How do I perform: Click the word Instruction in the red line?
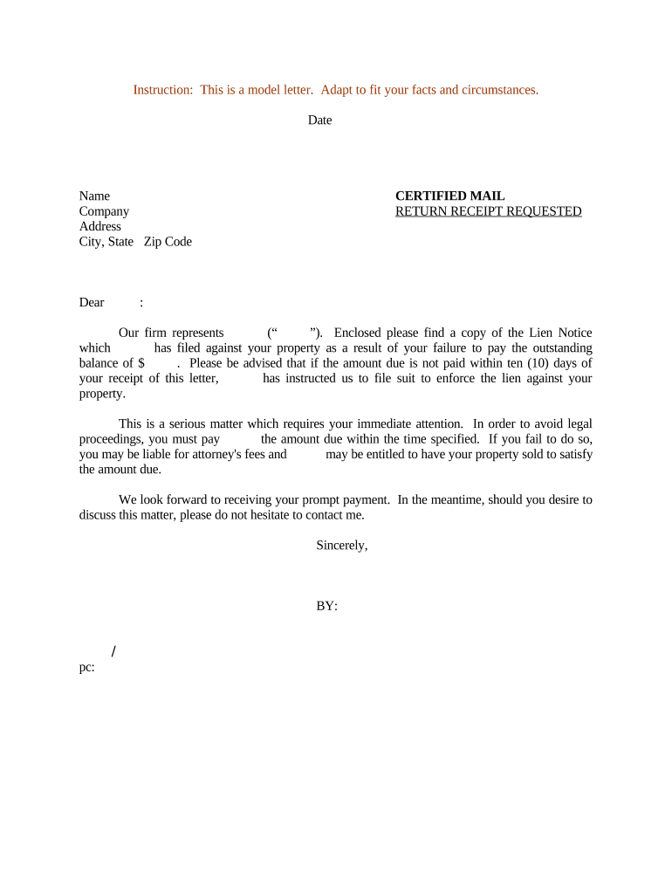coord(161,90)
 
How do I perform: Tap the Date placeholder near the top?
coord(319,120)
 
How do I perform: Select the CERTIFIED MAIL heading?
coord(449,196)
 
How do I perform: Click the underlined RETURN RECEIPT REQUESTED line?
coord(488,211)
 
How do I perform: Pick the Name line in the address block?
coord(94,196)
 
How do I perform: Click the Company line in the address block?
coord(104,211)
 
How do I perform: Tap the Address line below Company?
coord(100,226)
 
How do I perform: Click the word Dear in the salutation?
coord(92,303)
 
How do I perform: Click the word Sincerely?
coord(341,545)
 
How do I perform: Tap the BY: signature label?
coord(326,605)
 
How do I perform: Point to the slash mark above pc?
coord(114,651)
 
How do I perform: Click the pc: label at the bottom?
coord(86,668)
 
